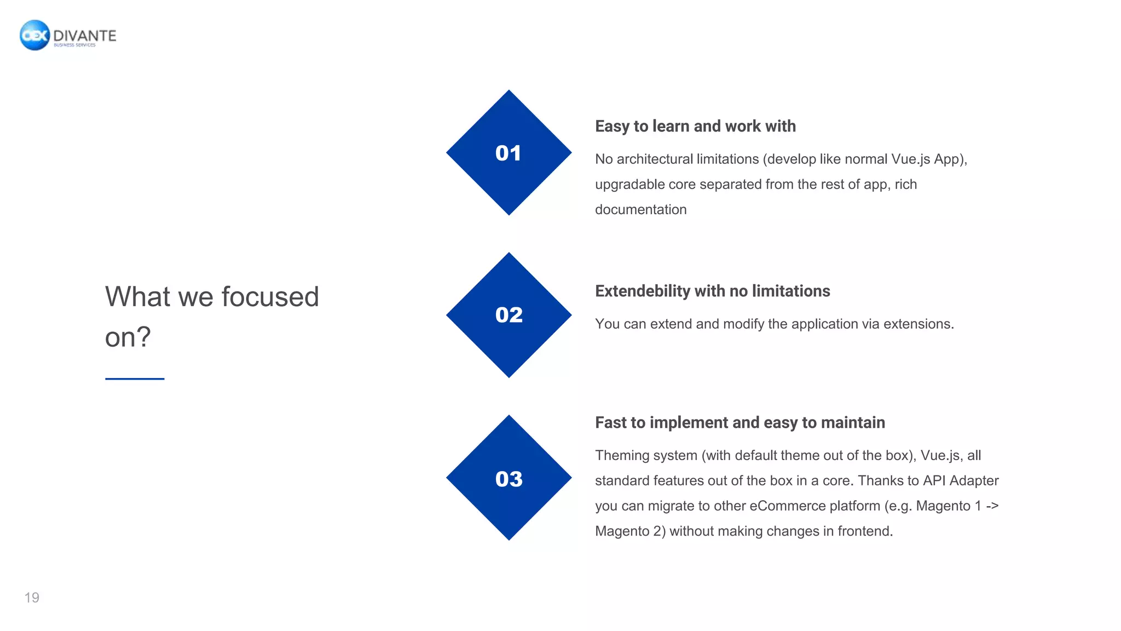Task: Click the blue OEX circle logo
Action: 34,35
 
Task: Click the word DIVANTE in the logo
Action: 85,36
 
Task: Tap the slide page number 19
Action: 32,598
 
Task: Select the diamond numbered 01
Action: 509,153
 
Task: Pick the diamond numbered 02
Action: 509,315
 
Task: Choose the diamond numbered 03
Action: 509,478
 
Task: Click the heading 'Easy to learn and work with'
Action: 695,126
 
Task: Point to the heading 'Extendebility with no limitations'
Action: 712,291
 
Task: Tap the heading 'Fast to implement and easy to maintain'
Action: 739,422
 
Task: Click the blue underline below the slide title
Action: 135,378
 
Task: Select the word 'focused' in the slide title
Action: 270,297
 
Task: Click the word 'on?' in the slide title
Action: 128,337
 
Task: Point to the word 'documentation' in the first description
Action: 640,210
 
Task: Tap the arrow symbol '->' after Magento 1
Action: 992,506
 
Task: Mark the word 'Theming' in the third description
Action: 619,455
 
